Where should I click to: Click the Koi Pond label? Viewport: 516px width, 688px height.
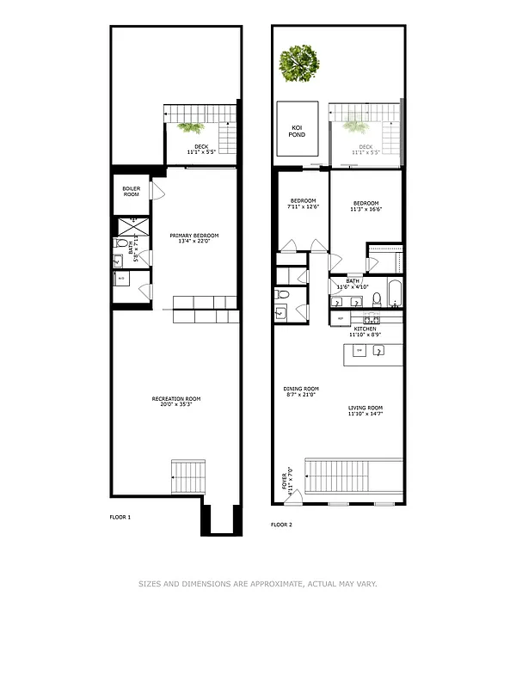point(297,131)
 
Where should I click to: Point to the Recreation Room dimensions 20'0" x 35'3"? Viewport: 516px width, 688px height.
point(177,405)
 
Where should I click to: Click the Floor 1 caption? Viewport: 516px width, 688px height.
point(120,518)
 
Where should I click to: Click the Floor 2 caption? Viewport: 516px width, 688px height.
point(281,524)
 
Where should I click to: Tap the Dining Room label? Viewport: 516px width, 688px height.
point(300,390)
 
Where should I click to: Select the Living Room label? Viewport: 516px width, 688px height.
point(365,409)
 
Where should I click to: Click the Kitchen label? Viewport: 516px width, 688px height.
point(365,329)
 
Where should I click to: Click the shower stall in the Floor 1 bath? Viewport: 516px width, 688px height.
point(133,228)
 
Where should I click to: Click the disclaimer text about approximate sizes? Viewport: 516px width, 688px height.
point(258,584)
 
